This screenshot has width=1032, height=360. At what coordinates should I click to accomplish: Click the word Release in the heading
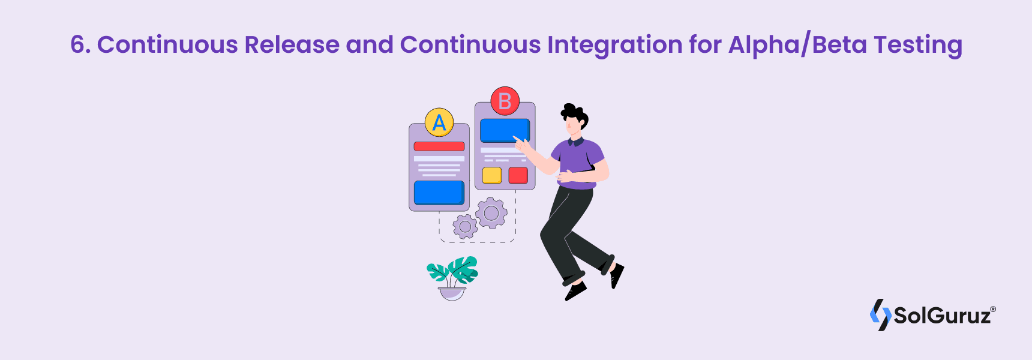[292, 45]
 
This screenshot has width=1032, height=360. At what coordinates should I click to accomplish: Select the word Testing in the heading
[917, 45]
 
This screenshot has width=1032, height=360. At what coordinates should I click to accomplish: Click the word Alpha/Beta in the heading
[797, 45]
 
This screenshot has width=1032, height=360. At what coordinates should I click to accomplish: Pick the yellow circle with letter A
[439, 122]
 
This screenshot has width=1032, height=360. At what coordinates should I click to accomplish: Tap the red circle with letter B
[505, 101]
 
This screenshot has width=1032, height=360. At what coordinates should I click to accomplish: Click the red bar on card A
[439, 146]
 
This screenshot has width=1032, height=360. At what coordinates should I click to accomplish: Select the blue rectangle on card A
[439, 193]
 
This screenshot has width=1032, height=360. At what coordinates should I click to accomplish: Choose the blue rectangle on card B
[505, 130]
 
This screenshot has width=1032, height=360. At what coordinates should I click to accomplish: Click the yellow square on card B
[492, 175]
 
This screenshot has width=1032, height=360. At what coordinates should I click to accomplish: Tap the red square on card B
[518, 175]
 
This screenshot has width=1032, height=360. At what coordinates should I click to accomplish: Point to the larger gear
[491, 213]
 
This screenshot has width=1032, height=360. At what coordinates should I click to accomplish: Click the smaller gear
[465, 227]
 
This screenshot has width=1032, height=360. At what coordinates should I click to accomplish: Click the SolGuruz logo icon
[880, 314]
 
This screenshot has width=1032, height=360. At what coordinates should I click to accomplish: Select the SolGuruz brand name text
[943, 316]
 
